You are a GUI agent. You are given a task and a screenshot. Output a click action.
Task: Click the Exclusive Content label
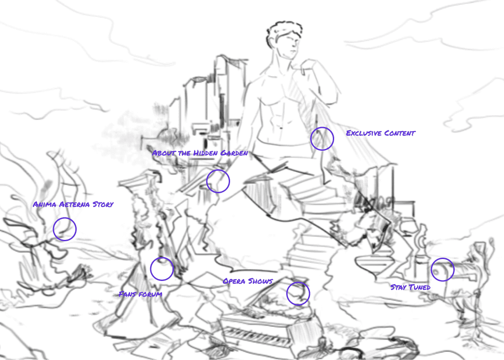381,133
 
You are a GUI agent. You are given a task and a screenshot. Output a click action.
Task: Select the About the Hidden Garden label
200,153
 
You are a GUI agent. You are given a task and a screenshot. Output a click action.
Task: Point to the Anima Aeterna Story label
73,204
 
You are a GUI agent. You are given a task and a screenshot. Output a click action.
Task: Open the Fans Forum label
141,294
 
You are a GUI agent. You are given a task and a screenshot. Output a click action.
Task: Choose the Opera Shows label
248,281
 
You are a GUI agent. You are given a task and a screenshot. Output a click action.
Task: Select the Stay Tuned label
410,287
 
